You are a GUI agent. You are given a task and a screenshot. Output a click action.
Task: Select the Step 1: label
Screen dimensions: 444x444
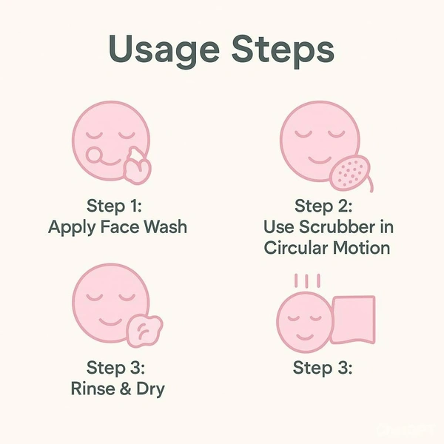point(114,206)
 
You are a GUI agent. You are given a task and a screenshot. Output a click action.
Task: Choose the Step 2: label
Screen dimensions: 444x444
point(323,206)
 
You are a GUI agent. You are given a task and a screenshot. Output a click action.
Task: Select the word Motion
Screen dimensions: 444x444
point(361,248)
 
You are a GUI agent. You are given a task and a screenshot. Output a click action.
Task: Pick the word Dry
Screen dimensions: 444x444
point(150,389)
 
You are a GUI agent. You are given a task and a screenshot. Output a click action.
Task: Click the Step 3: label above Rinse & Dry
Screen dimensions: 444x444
point(115,369)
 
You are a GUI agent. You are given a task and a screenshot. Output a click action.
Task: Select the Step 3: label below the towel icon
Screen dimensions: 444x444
point(323,369)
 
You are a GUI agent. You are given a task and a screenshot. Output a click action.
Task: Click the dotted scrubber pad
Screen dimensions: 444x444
point(351,172)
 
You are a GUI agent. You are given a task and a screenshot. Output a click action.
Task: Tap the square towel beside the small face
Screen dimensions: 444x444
point(354,320)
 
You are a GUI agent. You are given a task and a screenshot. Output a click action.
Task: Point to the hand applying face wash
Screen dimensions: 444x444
point(137,166)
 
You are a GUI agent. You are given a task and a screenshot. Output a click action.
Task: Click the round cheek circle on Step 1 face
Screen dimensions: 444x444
point(93,155)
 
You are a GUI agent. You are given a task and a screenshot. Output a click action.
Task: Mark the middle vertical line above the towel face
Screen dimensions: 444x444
point(307,280)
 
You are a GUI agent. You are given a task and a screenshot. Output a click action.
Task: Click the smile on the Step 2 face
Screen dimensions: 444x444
point(320,160)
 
